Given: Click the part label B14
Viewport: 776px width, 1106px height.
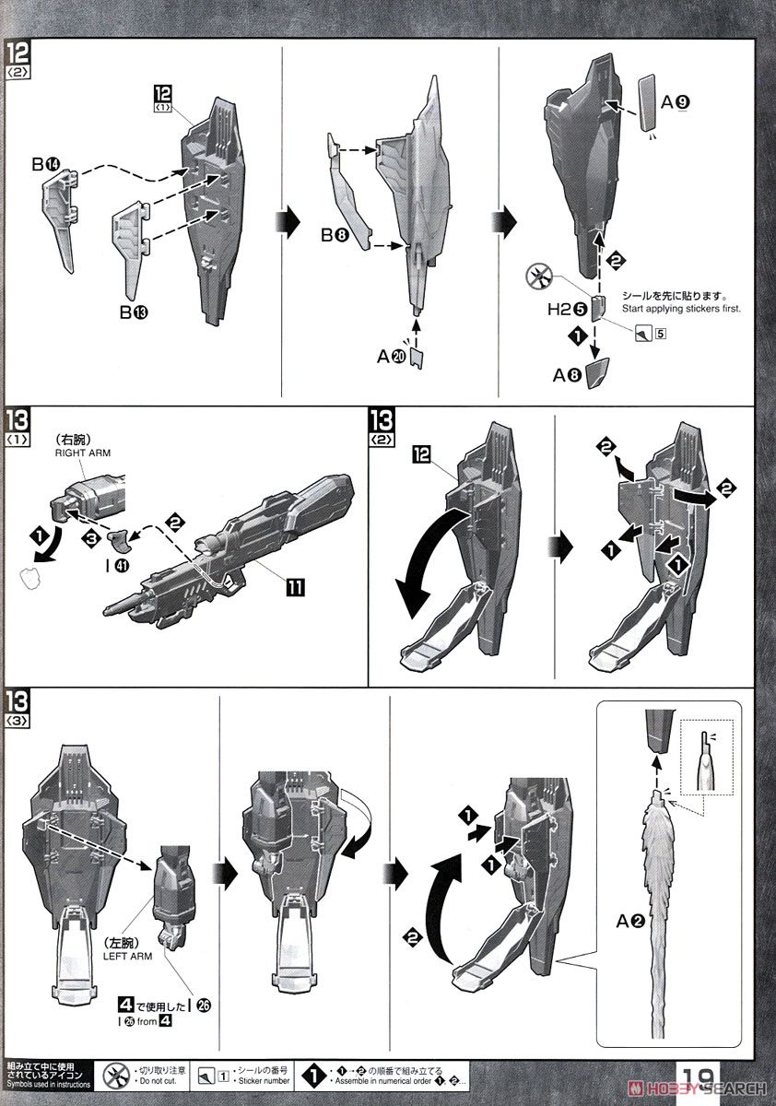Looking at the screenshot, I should point(46,165).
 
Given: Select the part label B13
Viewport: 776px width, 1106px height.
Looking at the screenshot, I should point(133,312).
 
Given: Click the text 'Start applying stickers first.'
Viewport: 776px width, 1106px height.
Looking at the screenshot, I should point(683,310).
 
